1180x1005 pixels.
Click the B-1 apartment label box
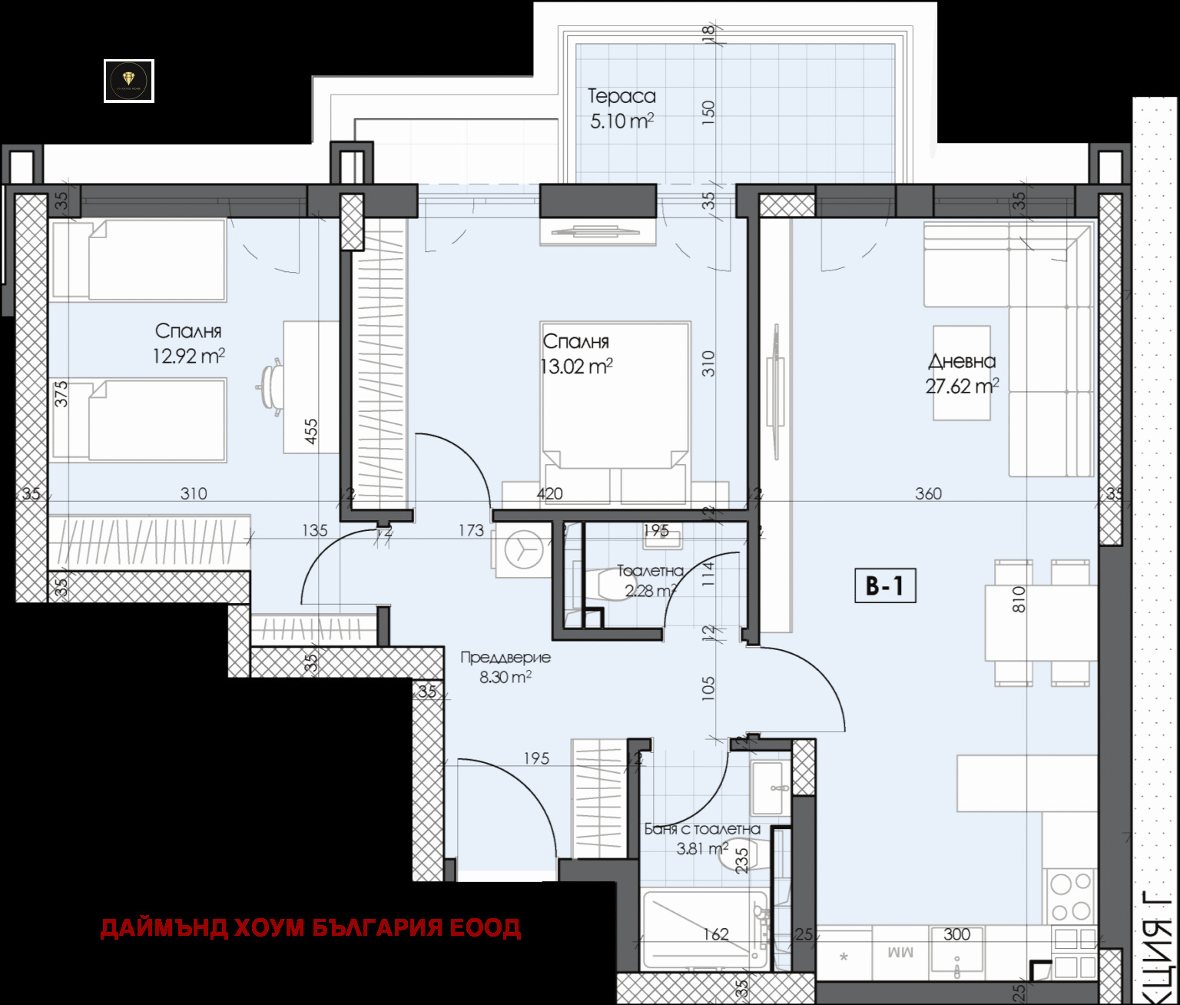[x=885, y=586]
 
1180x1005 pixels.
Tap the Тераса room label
[x=621, y=97]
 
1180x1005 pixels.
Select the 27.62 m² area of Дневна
[x=961, y=386]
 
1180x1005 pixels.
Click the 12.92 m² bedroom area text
[x=188, y=356]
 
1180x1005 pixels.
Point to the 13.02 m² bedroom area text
[x=576, y=367]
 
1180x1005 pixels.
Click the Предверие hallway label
[x=505, y=658]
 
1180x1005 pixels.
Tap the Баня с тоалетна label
[x=701, y=829]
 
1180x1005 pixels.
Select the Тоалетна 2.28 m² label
[x=650, y=581]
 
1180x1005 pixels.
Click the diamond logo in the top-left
[x=129, y=81]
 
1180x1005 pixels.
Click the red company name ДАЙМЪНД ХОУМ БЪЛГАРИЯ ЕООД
[x=310, y=928]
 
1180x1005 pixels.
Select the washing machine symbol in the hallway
[x=522, y=550]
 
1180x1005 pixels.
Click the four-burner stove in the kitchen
[x=1071, y=897]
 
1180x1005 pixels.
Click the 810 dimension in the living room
[x=1019, y=599]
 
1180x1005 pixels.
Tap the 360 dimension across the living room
[x=928, y=493]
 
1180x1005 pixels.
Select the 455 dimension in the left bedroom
[x=310, y=431]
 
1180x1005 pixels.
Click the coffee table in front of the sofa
[x=961, y=373]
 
